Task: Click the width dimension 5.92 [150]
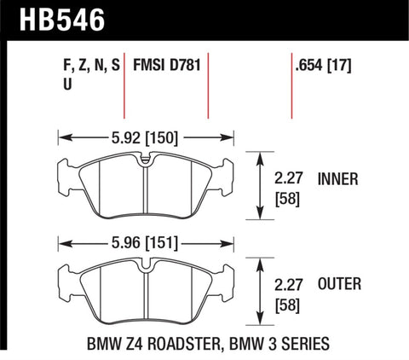click(144, 134)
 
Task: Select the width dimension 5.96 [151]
click(144, 241)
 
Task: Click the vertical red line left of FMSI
click(125, 85)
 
